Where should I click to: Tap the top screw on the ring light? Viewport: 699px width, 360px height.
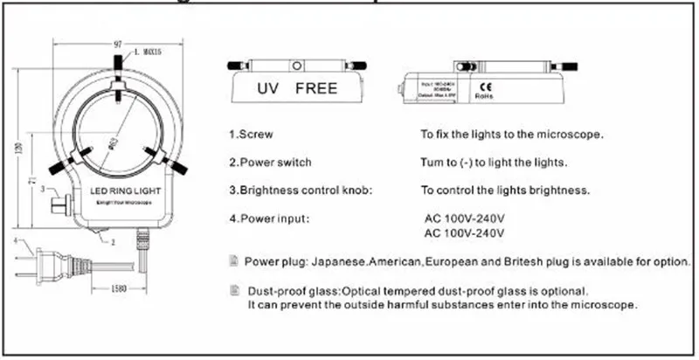[117, 66]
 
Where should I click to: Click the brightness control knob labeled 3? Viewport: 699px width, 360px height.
[60, 204]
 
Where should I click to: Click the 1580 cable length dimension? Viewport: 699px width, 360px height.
[122, 289]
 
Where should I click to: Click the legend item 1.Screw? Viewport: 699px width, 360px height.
[251, 135]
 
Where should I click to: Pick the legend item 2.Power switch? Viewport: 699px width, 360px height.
[270, 162]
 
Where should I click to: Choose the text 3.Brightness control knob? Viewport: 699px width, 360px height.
[301, 189]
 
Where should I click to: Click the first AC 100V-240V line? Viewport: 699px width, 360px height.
[465, 217]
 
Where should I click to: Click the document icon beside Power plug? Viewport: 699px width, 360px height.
[233, 260]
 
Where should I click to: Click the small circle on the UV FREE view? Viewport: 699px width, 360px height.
[298, 66]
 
